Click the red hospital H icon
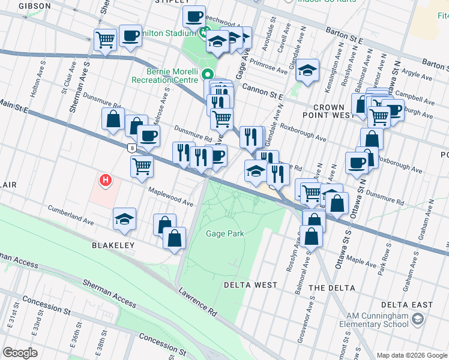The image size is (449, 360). click(106, 179)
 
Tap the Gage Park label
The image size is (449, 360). click(225, 233)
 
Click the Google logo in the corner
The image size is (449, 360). click(20, 353)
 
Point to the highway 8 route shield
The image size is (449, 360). click(131, 147)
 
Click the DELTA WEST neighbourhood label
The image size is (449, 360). click(250, 284)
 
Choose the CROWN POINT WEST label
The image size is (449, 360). click(328, 111)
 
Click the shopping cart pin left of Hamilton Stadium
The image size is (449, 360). click(106, 40)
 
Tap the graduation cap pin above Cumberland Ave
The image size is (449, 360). click(124, 219)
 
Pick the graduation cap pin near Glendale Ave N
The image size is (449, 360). click(307, 70)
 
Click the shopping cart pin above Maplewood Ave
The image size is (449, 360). click(142, 166)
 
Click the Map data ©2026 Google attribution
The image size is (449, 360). click(412, 355)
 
